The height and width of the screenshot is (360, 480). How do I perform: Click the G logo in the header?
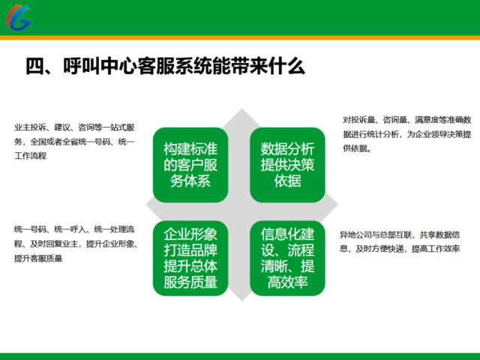point(19,17)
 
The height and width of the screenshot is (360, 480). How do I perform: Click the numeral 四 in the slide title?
point(35,66)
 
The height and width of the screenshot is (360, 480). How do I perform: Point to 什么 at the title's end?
point(287,66)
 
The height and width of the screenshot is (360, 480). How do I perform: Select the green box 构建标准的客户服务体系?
point(190,165)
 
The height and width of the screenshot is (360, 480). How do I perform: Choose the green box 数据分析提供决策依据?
point(287,165)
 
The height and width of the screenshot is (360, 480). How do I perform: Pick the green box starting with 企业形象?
point(190,258)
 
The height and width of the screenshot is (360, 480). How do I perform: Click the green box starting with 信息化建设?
point(287,258)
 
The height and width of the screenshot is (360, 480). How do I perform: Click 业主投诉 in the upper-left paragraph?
point(30,127)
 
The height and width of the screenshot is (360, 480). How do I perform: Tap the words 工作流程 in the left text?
point(30,156)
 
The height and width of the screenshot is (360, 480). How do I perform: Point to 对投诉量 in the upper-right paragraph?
point(358,120)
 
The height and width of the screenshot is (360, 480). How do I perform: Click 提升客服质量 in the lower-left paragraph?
point(38,258)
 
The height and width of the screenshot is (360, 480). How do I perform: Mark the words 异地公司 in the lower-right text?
point(355,235)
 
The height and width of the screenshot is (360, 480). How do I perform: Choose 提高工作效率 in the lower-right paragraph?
point(436,249)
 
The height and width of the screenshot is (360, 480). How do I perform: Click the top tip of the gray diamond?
point(241,108)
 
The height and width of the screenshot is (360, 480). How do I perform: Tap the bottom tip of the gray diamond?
point(241,301)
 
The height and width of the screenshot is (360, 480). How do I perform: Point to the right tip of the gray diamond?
point(338,205)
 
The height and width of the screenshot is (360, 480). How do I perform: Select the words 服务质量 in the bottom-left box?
point(190,282)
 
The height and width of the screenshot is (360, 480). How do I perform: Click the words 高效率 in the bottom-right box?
point(287,282)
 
